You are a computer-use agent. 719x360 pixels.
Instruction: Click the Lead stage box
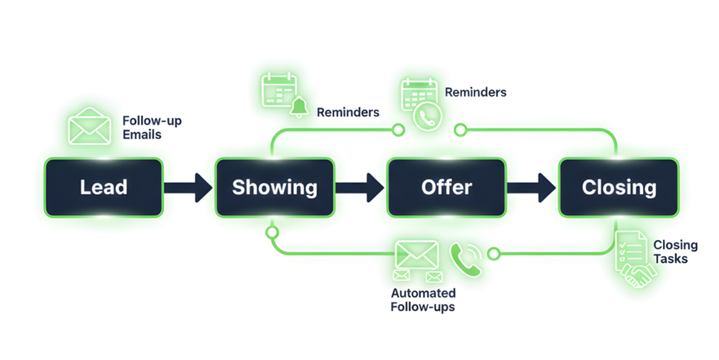103,187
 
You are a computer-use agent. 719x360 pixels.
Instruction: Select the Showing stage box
275,187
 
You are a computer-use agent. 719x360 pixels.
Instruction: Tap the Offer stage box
447,187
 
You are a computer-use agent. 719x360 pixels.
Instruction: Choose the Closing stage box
619,187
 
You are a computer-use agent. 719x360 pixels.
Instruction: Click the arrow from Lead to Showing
188,187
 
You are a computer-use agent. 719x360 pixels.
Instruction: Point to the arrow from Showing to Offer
360,187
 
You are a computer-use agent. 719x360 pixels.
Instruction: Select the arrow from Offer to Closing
532,187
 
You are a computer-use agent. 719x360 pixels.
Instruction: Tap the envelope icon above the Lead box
89,127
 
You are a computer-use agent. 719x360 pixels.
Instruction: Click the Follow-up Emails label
152,127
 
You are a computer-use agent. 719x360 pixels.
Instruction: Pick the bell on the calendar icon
300,106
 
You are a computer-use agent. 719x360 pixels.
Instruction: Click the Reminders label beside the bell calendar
348,112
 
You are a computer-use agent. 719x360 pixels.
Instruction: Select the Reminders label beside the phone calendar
475,92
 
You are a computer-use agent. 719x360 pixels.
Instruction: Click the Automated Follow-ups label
423,300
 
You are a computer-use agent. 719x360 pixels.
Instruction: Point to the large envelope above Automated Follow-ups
417,255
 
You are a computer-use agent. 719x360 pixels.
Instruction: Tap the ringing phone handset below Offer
465,259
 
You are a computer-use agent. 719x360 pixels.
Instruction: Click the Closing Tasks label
675,252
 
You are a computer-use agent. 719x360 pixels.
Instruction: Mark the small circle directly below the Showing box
272,232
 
